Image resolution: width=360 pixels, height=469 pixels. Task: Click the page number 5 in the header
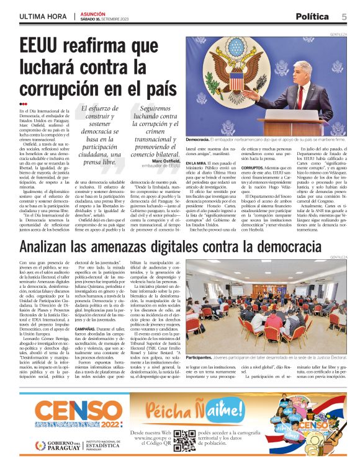point(344,16)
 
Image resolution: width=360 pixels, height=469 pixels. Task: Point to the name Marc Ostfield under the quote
point(165,161)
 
